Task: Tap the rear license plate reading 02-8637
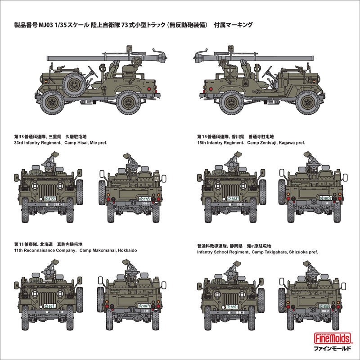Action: coord(325,198)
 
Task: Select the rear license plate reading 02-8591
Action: coord(325,306)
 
